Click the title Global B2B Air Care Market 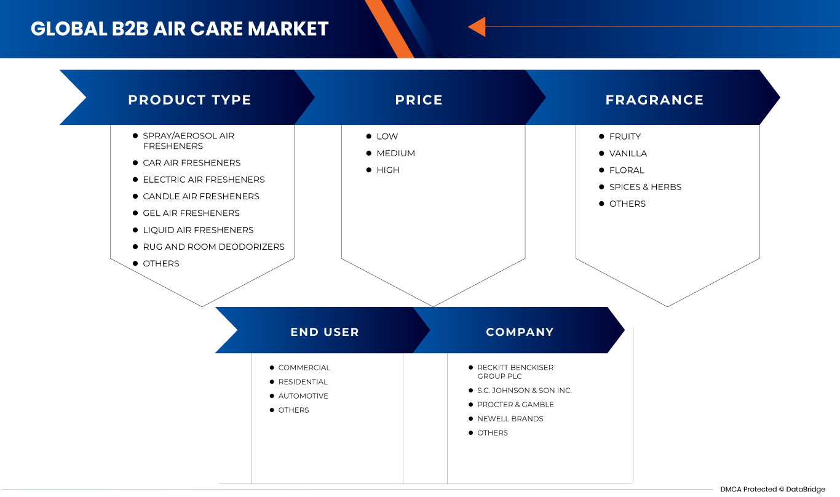tap(180, 28)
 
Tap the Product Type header tap(189, 100)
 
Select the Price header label tap(419, 100)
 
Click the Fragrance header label tap(654, 100)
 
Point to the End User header tap(325, 332)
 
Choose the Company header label tap(520, 332)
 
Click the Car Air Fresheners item tap(191, 163)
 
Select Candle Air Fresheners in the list tap(201, 197)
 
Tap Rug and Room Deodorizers tap(213, 247)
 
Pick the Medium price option tap(395, 153)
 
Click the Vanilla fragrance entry tap(628, 153)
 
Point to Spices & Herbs tap(645, 187)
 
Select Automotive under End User tap(303, 396)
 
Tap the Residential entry tap(303, 382)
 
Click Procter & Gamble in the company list tap(515, 405)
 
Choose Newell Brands tap(510, 419)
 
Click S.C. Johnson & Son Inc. tap(525, 391)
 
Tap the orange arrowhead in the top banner tap(477, 26)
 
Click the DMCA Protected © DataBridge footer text tap(773, 490)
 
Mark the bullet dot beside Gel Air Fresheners tap(135, 213)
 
